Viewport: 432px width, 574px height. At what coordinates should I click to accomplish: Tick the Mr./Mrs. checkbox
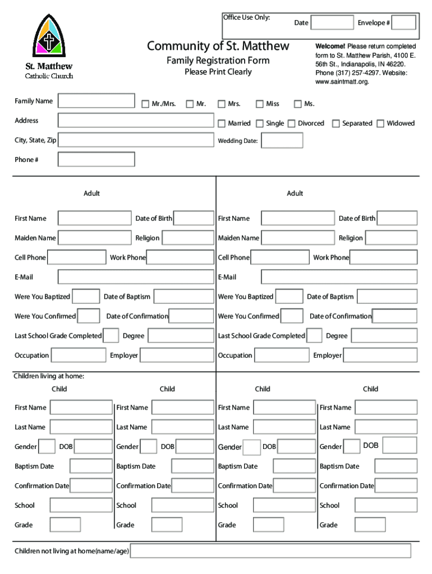tap(145, 104)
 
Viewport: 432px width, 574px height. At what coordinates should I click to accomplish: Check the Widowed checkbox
tap(380, 123)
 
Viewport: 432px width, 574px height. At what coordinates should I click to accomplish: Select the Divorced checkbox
tap(291, 123)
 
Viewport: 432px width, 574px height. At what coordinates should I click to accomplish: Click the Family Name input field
tap(96, 101)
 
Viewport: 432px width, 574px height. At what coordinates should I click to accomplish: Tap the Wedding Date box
tap(282, 141)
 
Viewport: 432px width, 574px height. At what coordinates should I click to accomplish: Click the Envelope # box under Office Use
tap(403, 22)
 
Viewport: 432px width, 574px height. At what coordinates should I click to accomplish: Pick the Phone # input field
tap(96, 160)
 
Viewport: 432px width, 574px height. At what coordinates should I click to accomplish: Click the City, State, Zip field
tap(136, 140)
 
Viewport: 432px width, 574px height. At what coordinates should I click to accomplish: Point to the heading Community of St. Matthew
tap(218, 46)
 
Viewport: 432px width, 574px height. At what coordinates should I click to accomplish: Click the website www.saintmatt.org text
tap(342, 82)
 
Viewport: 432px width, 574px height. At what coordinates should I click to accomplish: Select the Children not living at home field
tap(270, 551)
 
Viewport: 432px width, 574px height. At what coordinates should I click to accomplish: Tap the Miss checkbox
tap(259, 104)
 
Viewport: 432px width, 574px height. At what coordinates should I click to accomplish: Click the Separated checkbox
tap(336, 123)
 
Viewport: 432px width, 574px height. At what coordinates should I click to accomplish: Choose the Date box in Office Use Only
tap(332, 22)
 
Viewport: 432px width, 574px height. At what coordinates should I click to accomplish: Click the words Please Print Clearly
tap(218, 72)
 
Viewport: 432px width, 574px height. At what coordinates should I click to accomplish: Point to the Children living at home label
tap(49, 376)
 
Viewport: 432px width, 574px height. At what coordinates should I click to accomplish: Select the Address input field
tap(136, 121)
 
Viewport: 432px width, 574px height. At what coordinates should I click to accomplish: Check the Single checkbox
tap(259, 123)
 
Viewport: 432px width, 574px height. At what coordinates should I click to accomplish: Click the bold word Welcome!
tap(330, 46)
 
